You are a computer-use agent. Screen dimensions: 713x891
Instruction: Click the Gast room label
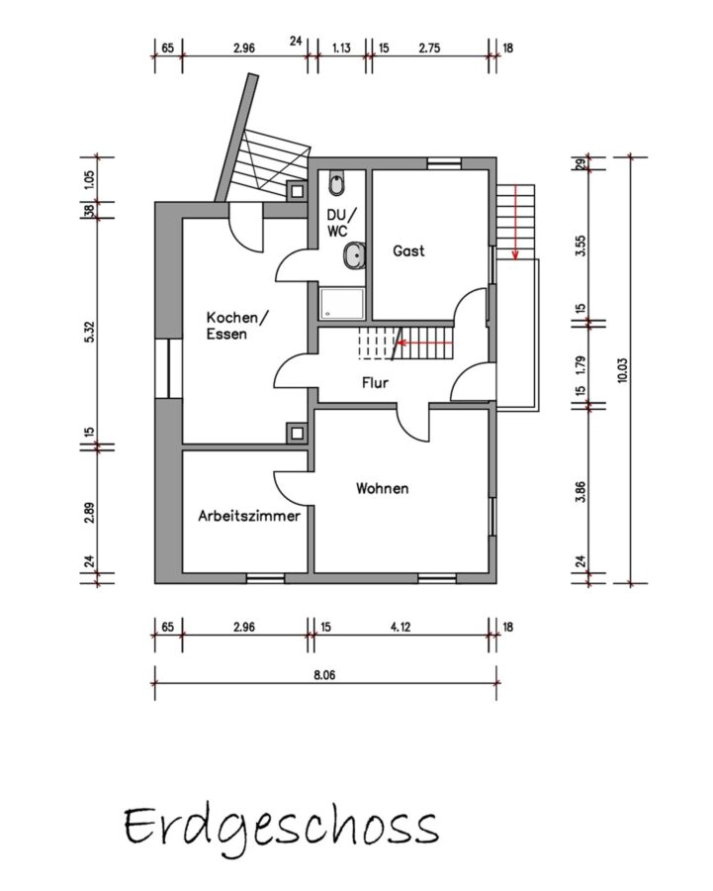(x=408, y=250)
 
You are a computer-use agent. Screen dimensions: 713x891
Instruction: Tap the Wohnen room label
(x=382, y=488)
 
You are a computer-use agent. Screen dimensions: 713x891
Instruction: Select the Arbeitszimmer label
(x=248, y=516)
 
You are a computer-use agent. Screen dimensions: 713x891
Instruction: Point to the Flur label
(x=375, y=382)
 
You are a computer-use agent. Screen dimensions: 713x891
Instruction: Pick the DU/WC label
(x=342, y=222)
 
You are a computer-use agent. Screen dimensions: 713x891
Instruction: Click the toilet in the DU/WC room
(x=336, y=183)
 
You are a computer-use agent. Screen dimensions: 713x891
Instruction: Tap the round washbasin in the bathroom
(x=355, y=255)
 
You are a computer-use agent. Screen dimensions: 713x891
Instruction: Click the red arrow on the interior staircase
(x=424, y=343)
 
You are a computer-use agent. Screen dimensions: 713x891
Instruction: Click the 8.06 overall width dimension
(x=324, y=675)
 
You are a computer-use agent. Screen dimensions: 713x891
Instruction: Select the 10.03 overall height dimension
(x=623, y=370)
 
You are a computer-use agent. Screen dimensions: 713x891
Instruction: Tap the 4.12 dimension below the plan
(x=401, y=627)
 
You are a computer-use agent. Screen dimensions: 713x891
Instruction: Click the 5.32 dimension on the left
(x=90, y=332)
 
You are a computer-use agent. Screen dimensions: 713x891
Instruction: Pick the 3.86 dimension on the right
(x=580, y=491)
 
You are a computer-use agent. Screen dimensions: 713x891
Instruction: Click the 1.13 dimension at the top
(x=341, y=48)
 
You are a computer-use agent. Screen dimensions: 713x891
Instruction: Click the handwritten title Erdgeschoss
(x=282, y=828)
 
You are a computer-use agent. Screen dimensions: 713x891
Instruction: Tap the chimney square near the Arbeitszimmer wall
(x=297, y=433)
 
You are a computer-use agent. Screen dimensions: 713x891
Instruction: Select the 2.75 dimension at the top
(x=430, y=48)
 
